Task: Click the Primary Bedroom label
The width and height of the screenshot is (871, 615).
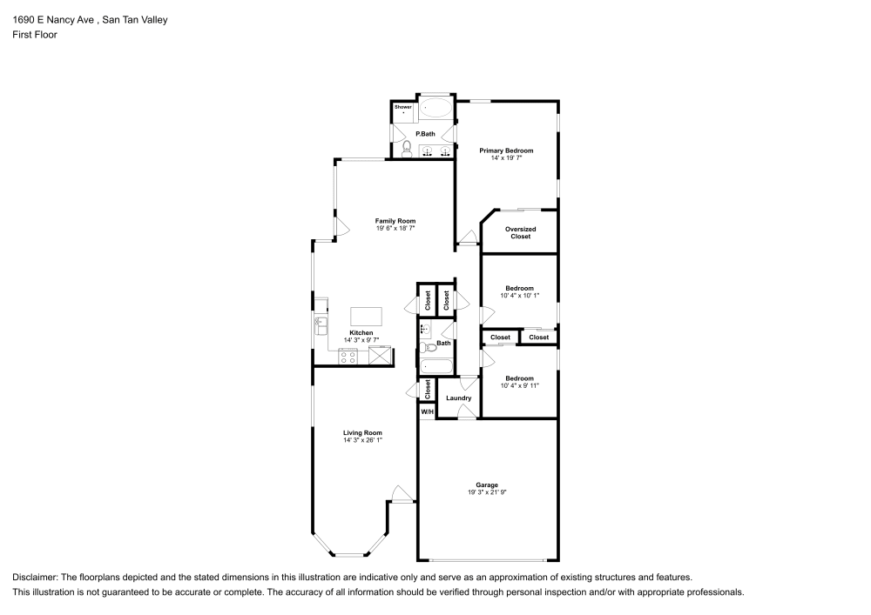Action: [x=506, y=150]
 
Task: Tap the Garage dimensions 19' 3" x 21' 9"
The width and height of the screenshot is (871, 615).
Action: [x=487, y=492]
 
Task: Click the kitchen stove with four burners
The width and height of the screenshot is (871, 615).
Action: [x=348, y=355]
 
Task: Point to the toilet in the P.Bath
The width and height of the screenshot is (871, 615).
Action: [x=406, y=149]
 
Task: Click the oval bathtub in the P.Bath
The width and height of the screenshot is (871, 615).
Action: [x=437, y=110]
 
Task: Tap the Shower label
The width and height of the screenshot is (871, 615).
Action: [x=403, y=107]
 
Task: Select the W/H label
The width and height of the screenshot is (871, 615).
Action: [x=427, y=411]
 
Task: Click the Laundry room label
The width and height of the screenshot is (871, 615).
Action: [x=458, y=398]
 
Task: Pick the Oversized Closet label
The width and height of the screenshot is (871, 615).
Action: [x=521, y=233]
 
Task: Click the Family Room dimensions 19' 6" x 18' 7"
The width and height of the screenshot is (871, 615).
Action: [x=395, y=228]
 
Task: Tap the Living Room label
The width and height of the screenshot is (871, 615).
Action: [x=362, y=432]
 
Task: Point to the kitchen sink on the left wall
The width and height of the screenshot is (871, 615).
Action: [x=321, y=327]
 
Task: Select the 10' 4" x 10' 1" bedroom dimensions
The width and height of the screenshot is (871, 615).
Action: [x=519, y=296]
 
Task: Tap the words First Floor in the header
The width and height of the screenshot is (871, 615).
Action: [x=35, y=36]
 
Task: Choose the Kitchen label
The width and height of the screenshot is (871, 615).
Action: [x=361, y=333]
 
